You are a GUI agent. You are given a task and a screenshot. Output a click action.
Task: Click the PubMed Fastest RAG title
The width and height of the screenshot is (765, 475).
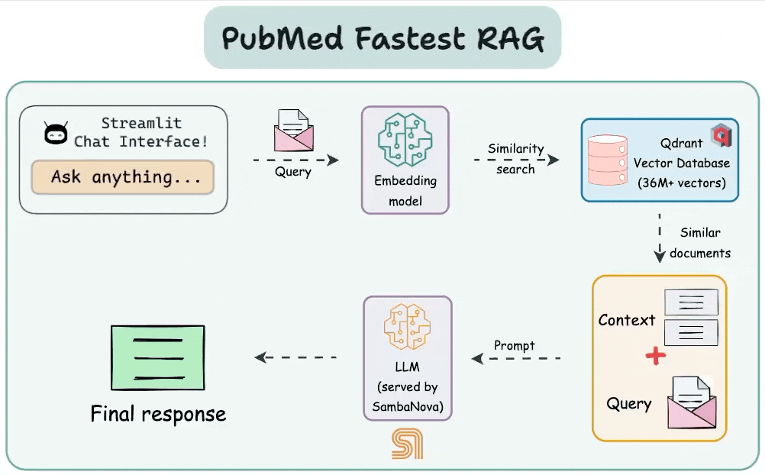click(x=382, y=38)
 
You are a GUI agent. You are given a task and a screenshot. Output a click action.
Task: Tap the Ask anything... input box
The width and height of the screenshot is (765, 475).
click(x=122, y=176)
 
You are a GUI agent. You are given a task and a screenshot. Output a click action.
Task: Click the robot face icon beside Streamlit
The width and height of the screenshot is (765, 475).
click(x=56, y=134)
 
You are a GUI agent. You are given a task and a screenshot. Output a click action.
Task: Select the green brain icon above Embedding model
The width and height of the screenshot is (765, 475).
click(x=405, y=140)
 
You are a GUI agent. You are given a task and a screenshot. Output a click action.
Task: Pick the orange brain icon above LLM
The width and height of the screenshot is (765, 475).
click(x=408, y=326)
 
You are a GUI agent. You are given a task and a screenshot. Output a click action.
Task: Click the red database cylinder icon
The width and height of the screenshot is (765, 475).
click(x=608, y=160)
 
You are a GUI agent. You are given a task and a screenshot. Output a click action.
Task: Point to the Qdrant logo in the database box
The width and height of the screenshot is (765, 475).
click(x=721, y=135)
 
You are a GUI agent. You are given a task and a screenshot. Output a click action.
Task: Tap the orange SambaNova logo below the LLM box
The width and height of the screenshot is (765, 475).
click(x=408, y=444)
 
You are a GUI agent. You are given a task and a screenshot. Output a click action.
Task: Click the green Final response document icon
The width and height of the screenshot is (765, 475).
click(x=157, y=358)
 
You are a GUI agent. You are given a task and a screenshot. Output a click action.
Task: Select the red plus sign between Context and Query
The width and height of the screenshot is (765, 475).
click(x=655, y=356)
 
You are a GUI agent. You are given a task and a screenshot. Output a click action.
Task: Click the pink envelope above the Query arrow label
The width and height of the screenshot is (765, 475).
click(x=293, y=130)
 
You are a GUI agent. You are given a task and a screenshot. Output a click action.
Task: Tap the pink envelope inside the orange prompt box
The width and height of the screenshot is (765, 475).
click(x=692, y=402)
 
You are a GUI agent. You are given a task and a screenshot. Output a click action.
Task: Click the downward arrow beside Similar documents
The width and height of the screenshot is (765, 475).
click(x=660, y=238)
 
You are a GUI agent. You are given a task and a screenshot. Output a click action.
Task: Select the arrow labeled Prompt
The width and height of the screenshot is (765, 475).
click(x=515, y=359)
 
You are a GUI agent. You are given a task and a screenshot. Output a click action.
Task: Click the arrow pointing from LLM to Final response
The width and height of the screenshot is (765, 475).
click(x=295, y=357)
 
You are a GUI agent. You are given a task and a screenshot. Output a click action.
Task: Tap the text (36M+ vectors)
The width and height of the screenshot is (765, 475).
click(x=682, y=183)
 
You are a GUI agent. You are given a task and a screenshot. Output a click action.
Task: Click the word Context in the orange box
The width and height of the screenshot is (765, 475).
click(x=627, y=320)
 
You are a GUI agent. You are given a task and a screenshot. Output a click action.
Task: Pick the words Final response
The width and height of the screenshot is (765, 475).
click(x=158, y=414)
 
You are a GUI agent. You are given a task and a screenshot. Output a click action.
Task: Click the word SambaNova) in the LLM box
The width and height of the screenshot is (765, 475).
click(x=408, y=407)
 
